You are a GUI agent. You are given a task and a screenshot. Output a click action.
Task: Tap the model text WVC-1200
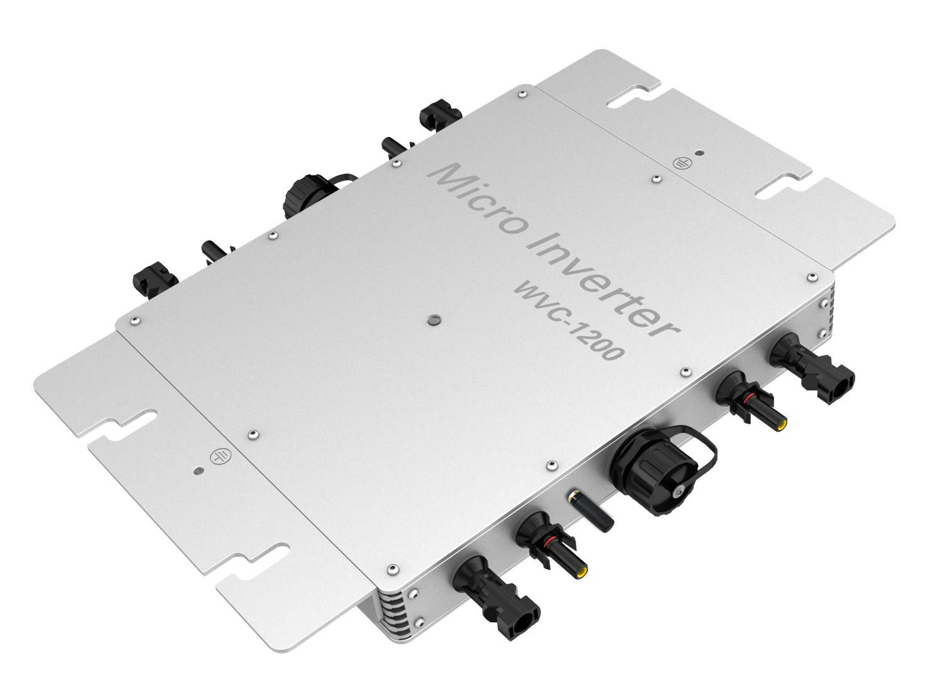point(568,324)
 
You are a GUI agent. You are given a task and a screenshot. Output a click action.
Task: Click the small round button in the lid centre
point(432,321)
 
